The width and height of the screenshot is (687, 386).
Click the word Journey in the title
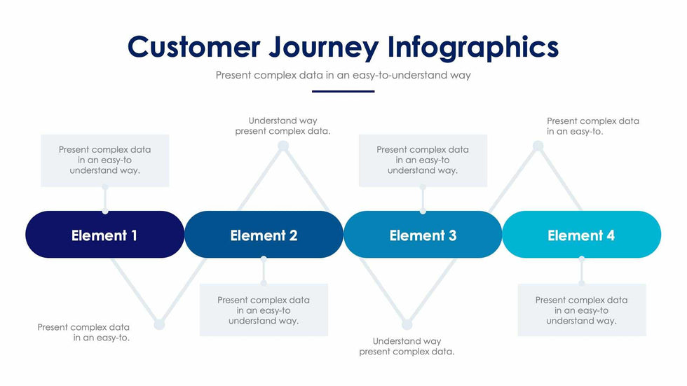pos(324,48)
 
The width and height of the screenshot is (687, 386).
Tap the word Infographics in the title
pos(473,48)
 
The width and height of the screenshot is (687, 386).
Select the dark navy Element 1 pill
pos(104,235)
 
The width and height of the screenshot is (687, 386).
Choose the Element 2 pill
pos(264,235)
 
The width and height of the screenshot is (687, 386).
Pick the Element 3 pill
pos(423,235)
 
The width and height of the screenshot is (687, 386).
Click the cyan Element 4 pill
pos(581,235)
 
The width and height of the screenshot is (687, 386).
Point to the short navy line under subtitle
pos(343,91)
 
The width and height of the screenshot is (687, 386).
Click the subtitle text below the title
pos(343,75)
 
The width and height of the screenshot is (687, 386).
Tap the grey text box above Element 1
pos(104,160)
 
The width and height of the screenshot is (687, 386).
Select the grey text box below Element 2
pos(264,310)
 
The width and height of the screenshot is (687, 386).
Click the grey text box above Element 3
pos(423,160)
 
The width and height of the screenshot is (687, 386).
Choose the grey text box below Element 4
pos(581,310)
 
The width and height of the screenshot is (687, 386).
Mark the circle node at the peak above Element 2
pos(283,146)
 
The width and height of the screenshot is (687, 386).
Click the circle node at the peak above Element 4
pos(538,146)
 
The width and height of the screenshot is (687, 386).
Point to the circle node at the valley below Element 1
pos(159,324)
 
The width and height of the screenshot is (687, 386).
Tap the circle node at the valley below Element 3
pos(407,324)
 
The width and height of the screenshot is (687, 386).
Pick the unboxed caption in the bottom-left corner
pos(83,332)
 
